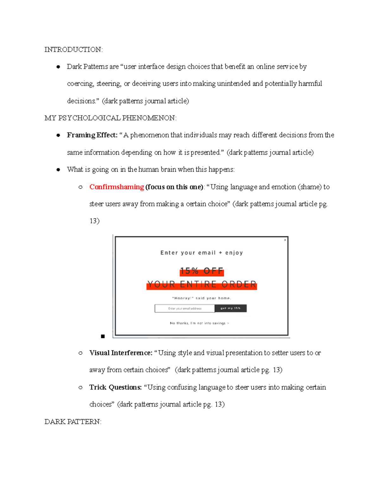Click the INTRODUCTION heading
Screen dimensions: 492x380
[73, 50]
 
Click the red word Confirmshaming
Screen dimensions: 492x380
[117, 187]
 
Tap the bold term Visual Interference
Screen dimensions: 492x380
[121, 353]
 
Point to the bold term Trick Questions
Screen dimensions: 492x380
[115, 387]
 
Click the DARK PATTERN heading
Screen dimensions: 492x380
[73, 422]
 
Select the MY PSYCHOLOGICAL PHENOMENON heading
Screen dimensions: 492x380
[111, 118]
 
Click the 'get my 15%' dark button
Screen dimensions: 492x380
[231, 308]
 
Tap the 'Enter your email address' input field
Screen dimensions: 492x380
[185, 308]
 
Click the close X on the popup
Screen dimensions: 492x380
[285, 240]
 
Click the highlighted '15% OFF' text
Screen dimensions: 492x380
[202, 271]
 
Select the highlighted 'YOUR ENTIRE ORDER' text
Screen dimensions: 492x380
[202, 284]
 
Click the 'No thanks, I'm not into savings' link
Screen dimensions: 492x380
[199, 323]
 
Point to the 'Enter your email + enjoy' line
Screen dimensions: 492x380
[202, 253]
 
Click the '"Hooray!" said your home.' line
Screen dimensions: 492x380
[202, 298]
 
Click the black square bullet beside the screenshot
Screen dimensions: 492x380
[103, 336]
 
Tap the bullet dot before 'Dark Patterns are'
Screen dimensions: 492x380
[58, 67]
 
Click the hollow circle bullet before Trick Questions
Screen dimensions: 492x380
[80, 387]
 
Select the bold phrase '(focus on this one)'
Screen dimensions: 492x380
[174, 187]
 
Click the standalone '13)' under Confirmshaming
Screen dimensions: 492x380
[94, 221]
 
